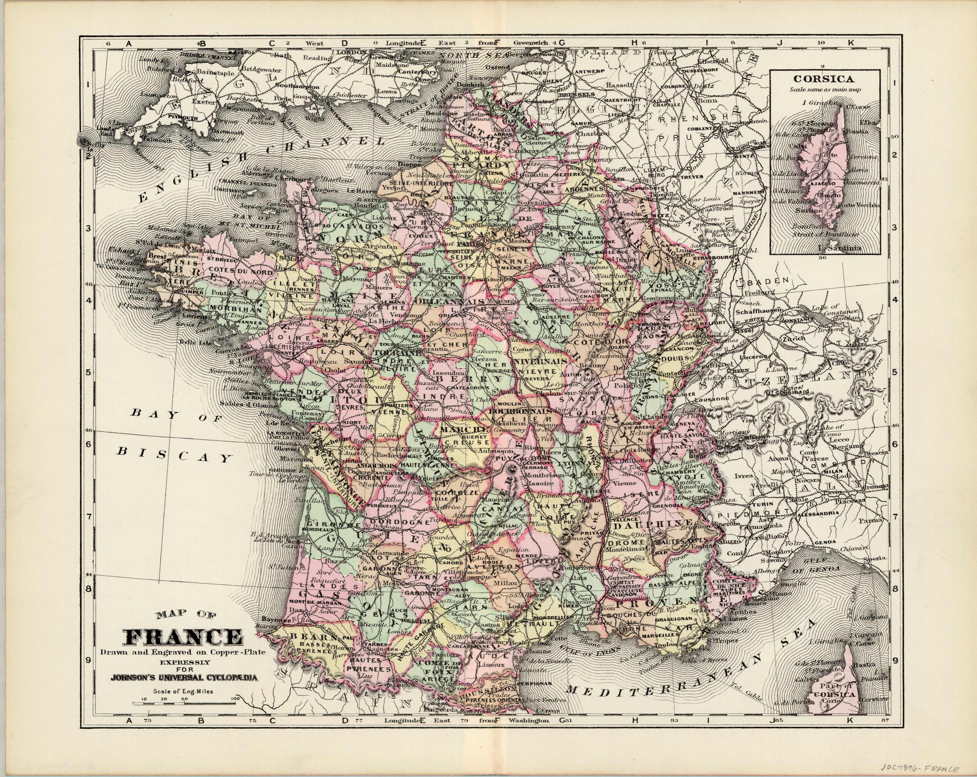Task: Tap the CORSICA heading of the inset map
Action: (825, 78)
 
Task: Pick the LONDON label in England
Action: (350, 52)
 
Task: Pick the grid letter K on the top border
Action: (851, 43)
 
